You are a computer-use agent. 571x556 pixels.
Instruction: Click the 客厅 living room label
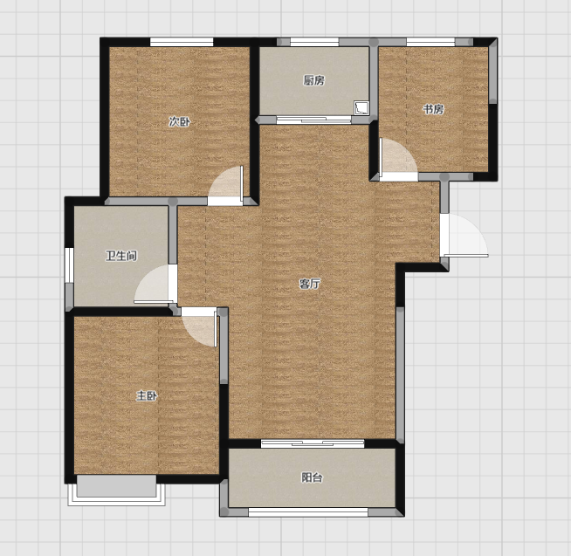pyautogui.click(x=310, y=284)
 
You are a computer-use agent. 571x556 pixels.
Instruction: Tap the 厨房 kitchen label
pyautogui.click(x=314, y=80)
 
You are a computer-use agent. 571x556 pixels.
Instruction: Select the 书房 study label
pyautogui.click(x=433, y=109)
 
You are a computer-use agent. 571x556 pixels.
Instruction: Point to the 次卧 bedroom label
pyautogui.click(x=179, y=121)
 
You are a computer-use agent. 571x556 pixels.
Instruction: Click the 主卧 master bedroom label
pyautogui.click(x=147, y=395)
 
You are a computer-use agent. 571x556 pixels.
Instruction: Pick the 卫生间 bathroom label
pyautogui.click(x=121, y=256)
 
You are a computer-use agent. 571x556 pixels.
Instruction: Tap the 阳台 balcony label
pyautogui.click(x=312, y=477)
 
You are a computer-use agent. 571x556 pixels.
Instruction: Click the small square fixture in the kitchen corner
pyautogui.click(x=361, y=108)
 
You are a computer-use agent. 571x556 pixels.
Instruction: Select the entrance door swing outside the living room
pyautogui.click(x=464, y=236)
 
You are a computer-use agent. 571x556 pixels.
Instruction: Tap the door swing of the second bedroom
pyautogui.click(x=225, y=186)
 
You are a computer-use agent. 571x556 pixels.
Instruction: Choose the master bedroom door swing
pyautogui.click(x=199, y=327)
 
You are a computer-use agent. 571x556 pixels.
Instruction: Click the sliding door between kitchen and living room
pyautogui.click(x=313, y=120)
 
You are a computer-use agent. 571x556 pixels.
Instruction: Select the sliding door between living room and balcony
pyautogui.click(x=313, y=443)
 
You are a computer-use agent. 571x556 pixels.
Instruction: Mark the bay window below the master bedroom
pyautogui.click(x=116, y=490)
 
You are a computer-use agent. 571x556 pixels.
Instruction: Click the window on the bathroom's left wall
pyautogui.click(x=69, y=265)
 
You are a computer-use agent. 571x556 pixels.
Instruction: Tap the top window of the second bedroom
pyautogui.click(x=182, y=42)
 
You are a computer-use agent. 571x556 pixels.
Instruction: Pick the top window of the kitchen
pyautogui.click(x=314, y=42)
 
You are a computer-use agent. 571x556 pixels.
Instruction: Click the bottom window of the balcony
pyautogui.click(x=308, y=512)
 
